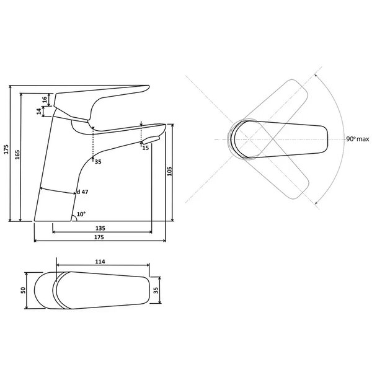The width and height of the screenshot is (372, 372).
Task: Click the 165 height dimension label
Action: coord(17,154)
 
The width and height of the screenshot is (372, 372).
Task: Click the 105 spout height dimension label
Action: coord(169,171)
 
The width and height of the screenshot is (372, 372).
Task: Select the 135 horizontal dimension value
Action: coord(100,228)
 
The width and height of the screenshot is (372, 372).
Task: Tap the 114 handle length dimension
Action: coord(100,262)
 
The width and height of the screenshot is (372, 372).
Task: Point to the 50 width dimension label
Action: coord(23,290)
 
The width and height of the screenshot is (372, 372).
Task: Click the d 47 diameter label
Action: coord(82,192)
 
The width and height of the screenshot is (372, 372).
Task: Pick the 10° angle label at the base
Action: coord(81,214)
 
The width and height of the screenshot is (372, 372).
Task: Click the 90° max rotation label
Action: coord(358,139)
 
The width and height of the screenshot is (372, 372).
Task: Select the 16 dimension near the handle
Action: coord(45,99)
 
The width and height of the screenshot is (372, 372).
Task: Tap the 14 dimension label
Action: coord(38,111)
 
